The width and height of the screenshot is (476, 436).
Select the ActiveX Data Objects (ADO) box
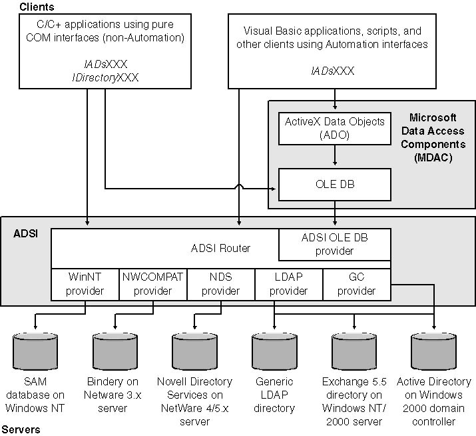tap(334, 128)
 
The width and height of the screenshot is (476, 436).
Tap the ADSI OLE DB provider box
tap(334, 245)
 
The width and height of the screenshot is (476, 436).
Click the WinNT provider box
tap(86, 284)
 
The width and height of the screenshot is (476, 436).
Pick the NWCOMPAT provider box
tap(152, 284)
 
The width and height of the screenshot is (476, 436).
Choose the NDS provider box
tap(220, 284)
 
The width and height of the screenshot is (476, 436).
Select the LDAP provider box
tap(288, 284)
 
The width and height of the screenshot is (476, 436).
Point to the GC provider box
tap(356, 284)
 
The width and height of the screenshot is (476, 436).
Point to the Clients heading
tap(37, 7)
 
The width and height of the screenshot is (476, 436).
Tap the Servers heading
tap(21, 429)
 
